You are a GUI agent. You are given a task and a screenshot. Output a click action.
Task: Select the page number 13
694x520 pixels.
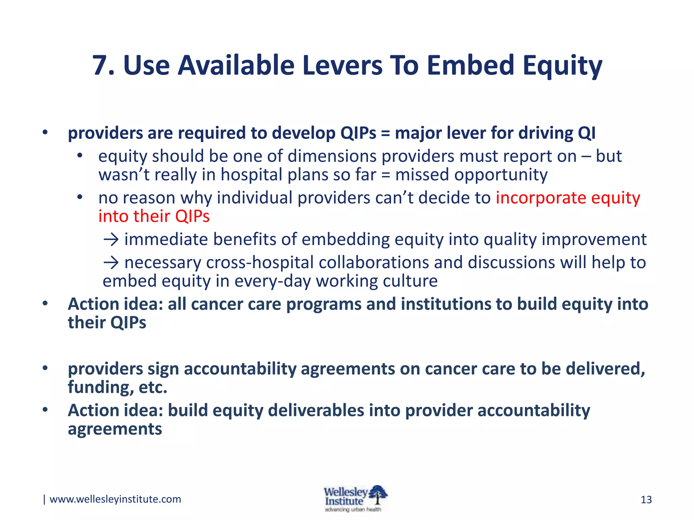pos(646,500)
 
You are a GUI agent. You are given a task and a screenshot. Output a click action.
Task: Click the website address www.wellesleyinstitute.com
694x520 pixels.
pos(115,499)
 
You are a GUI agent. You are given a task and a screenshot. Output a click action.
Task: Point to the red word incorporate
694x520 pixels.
pos(541,198)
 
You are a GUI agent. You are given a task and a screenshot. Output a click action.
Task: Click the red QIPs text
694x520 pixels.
pos(192,216)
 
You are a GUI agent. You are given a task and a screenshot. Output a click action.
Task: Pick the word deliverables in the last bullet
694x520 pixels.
pos(316,410)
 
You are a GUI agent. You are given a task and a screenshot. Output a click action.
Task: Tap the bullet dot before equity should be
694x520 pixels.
pos(80,156)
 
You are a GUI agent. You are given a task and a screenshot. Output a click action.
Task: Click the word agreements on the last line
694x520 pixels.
pos(115,429)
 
